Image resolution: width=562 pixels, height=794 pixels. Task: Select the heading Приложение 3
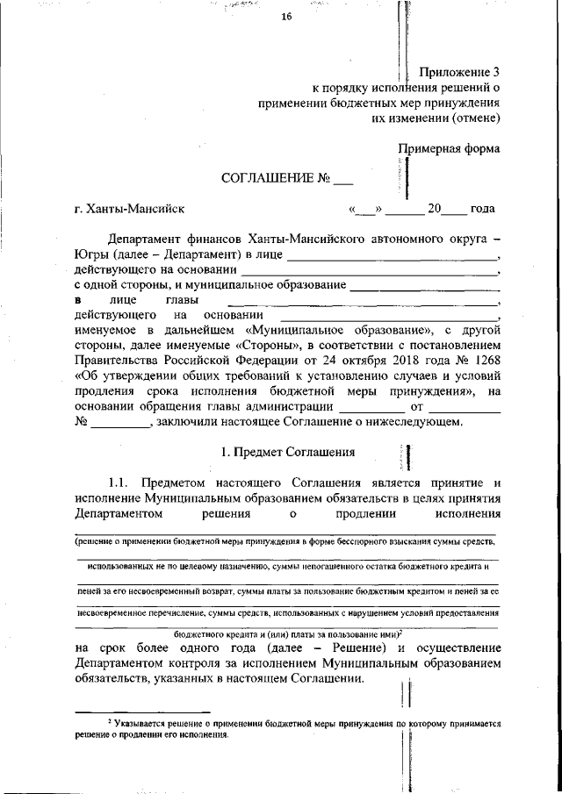pyautogui.click(x=458, y=73)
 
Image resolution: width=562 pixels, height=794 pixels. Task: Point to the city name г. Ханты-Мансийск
pyautogui.click(x=129, y=209)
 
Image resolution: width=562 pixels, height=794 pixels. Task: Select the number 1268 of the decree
pyautogui.click(x=484, y=359)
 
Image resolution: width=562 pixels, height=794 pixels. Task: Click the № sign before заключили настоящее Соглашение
pyautogui.click(x=81, y=422)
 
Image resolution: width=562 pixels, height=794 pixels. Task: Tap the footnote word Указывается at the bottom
pyautogui.click(x=141, y=725)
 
